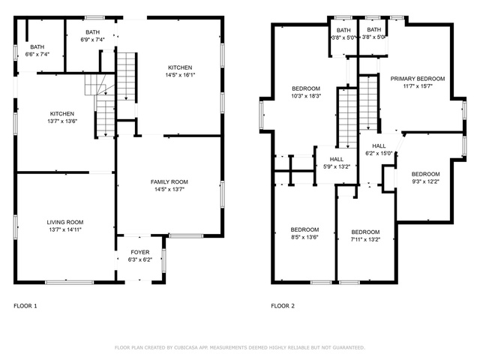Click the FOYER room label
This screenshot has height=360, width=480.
coord(140,252)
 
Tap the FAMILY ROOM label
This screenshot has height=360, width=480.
coord(169,181)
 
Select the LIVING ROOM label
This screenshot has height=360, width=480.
coord(65,222)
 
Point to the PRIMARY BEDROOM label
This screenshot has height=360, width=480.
coord(418,79)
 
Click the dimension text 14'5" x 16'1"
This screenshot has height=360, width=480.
coord(180,75)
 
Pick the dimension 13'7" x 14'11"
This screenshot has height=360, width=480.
coord(65,230)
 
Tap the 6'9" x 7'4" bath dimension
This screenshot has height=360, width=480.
coord(93,40)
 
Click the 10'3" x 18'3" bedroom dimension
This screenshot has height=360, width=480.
coord(306,96)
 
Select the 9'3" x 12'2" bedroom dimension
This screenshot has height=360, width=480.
coord(425,181)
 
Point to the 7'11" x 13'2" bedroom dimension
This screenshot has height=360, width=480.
coord(365,240)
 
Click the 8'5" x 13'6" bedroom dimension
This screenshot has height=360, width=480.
coord(304,237)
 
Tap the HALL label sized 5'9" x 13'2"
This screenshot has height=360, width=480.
coord(337,159)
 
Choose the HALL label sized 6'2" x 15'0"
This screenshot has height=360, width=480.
coord(379,146)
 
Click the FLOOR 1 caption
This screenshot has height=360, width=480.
coord(25,306)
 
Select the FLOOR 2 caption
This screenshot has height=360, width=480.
coord(283,306)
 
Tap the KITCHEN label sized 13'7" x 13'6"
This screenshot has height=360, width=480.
coord(62,113)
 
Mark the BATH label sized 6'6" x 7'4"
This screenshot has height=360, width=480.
coord(37,46)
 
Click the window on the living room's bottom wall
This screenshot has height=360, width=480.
coord(70,282)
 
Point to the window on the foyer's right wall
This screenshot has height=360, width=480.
coord(163,260)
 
